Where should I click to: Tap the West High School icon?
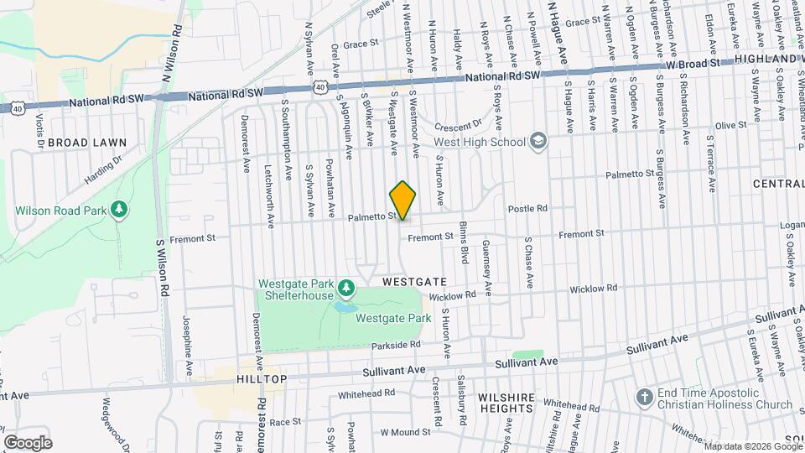(538, 140)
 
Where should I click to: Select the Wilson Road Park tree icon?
(120, 207)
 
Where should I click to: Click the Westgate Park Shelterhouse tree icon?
(346, 289)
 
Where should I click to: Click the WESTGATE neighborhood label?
(414, 283)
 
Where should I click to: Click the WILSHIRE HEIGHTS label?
(506, 401)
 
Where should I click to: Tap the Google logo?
(28, 442)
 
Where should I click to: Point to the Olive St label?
(730, 125)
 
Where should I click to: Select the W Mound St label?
(405, 432)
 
